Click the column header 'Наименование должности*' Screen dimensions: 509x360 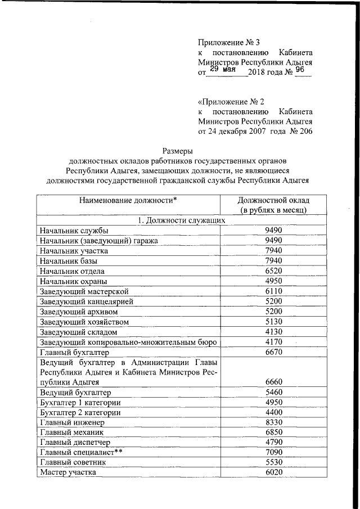pos(128,200)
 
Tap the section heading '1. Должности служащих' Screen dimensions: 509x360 pos(182,220)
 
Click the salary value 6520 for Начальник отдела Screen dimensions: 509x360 pos(273,271)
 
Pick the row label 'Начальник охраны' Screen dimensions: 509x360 pos(74,281)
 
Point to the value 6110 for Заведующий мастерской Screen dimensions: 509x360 pos(273,291)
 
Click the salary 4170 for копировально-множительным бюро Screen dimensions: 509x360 pos(273,343)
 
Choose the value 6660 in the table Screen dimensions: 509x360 pos(273,382)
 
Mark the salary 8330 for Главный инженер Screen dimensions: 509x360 pos(273,422)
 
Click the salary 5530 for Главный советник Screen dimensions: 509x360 pos(273,462)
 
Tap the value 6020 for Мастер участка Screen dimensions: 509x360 pos(273,472)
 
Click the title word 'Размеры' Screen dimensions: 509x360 pos(178,151)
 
